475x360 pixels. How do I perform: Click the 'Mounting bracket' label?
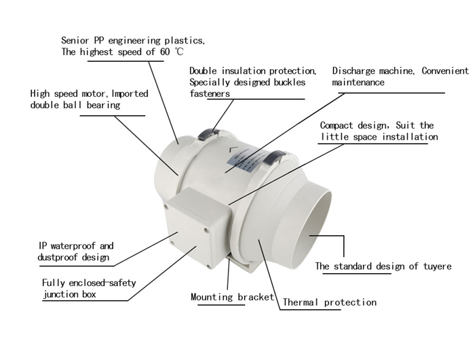click(x=232, y=297)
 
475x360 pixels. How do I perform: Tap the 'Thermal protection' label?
click(x=330, y=302)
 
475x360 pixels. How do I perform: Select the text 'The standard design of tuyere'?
click(x=383, y=266)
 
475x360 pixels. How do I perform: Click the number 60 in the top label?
click(x=165, y=52)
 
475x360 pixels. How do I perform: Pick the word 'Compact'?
click(x=337, y=125)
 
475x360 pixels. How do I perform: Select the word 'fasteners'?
click(x=210, y=94)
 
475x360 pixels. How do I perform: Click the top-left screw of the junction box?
click(x=166, y=207)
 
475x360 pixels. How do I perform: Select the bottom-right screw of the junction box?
click(x=208, y=266)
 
